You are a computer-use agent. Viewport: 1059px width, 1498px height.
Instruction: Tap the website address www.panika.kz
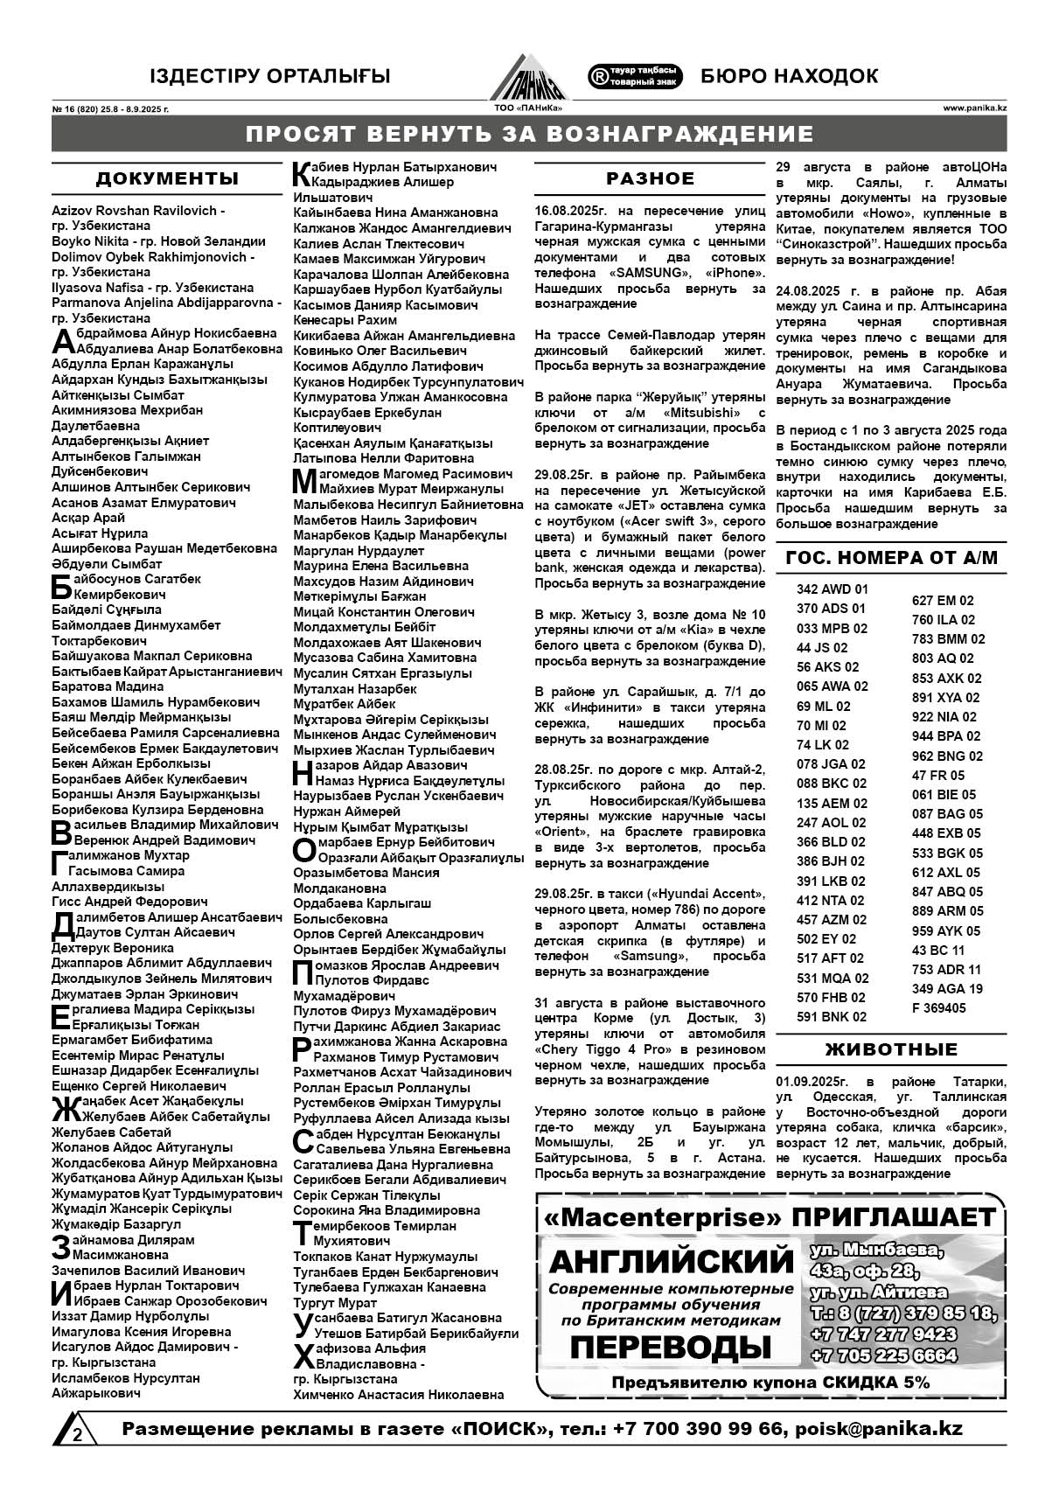[x=974, y=108]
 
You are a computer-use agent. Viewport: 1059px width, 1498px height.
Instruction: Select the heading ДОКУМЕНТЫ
[x=167, y=179]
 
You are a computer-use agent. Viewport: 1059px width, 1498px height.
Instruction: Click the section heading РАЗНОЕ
[x=651, y=178]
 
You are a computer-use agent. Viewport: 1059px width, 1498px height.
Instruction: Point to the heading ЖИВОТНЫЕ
[x=891, y=1049]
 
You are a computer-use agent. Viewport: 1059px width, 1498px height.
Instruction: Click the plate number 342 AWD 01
[x=832, y=589]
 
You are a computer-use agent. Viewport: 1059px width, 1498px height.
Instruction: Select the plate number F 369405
[x=938, y=1008]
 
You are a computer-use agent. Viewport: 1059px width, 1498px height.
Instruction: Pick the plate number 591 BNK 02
[x=832, y=1017]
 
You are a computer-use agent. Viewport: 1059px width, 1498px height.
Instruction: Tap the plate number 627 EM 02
[x=943, y=601]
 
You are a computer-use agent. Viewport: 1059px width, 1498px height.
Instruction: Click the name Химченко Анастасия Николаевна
[x=398, y=1395]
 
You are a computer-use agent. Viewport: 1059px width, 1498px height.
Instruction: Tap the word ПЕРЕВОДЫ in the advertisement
[x=670, y=1348]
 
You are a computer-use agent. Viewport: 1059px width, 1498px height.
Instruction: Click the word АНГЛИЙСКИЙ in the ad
[x=671, y=1262]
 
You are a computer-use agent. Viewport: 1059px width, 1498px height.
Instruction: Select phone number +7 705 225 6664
[x=883, y=1356]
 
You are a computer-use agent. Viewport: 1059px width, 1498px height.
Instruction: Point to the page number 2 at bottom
[x=78, y=1434]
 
